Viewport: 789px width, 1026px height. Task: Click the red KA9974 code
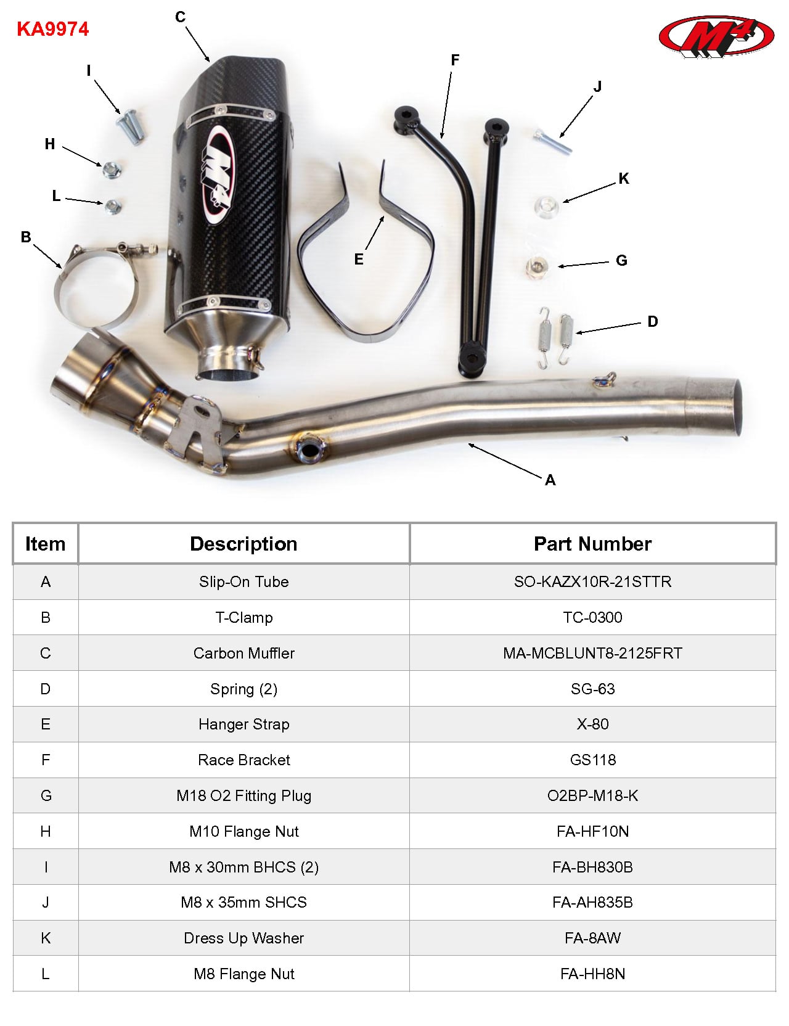tap(52, 29)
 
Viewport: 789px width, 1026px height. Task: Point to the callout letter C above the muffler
tap(180, 17)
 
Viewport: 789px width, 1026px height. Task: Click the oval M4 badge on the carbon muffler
tap(218, 174)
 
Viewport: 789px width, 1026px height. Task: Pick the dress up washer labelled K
tap(546, 206)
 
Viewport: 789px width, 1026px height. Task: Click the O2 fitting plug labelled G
tap(538, 267)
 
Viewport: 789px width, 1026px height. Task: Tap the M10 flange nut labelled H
tap(112, 169)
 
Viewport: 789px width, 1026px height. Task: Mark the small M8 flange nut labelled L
tap(112, 207)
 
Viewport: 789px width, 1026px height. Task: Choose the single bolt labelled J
tap(553, 141)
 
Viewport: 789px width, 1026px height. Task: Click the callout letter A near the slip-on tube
tap(550, 480)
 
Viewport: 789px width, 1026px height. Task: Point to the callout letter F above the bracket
tap(455, 60)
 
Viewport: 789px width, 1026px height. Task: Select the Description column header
tap(243, 544)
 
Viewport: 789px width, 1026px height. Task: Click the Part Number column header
tap(592, 544)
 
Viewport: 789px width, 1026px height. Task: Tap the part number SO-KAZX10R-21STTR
tap(592, 582)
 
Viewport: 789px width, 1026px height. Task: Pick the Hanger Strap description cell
tap(243, 724)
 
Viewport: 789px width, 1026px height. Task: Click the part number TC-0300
tap(592, 618)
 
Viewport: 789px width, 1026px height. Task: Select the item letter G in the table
tap(46, 796)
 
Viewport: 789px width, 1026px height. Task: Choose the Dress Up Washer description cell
tap(243, 938)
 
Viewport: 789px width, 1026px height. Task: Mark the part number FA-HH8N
tap(592, 974)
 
